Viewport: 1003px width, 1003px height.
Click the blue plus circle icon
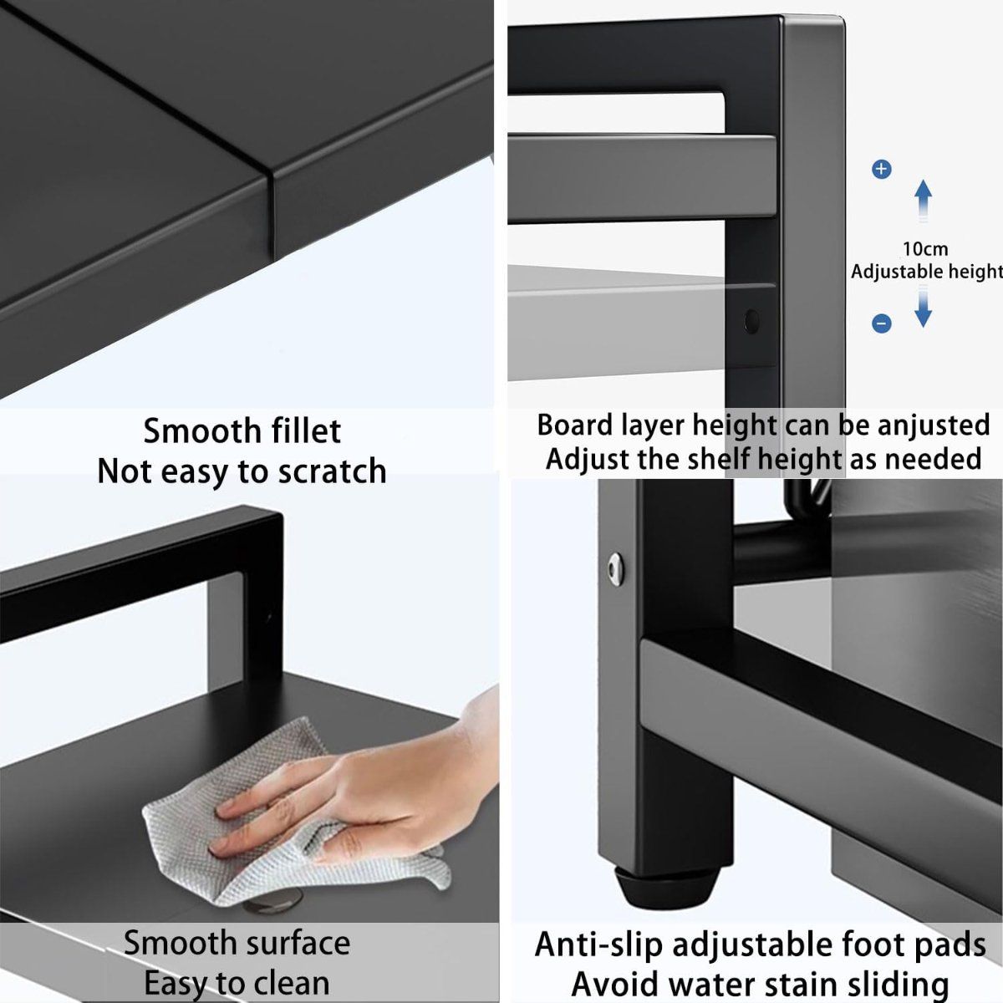click(881, 170)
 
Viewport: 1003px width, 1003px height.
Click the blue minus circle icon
click(881, 323)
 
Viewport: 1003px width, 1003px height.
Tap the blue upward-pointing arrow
click(923, 200)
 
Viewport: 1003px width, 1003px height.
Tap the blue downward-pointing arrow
click(923, 306)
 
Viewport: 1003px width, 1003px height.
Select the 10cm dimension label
click(924, 248)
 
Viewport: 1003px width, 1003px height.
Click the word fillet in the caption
click(304, 431)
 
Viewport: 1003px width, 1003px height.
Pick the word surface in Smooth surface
click(291, 943)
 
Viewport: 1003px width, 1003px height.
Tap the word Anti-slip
click(599, 944)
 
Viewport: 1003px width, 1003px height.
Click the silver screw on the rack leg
click(616, 568)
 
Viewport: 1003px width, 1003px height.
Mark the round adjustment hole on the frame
click(751, 321)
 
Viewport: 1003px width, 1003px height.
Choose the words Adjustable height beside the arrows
click(926, 272)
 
